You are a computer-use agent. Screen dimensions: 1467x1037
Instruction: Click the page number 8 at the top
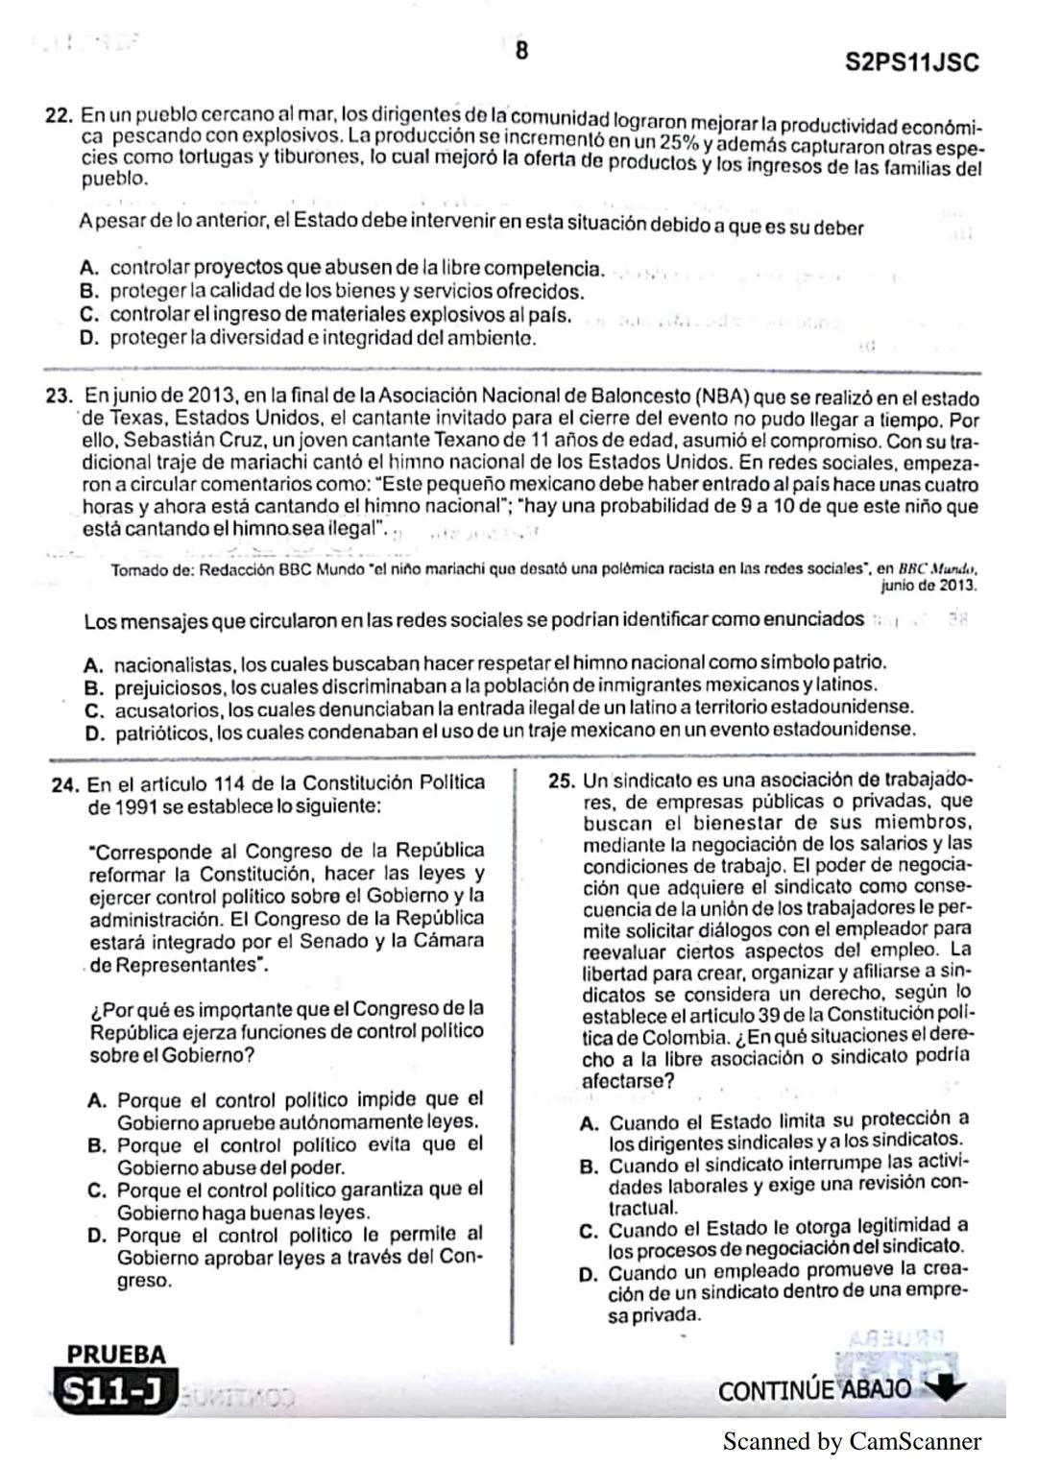pyautogui.click(x=521, y=51)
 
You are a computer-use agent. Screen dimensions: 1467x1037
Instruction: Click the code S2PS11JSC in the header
pyautogui.click(x=912, y=63)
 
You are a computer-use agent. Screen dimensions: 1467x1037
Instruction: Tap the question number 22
pyautogui.click(x=60, y=115)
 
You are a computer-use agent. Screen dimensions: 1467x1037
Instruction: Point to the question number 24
pyautogui.click(x=64, y=784)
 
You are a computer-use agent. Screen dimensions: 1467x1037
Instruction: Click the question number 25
pyautogui.click(x=562, y=780)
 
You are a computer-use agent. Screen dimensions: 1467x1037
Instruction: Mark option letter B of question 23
pyautogui.click(x=94, y=687)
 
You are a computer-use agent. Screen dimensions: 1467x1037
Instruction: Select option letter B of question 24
pyautogui.click(x=97, y=1145)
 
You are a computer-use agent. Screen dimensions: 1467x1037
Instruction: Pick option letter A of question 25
pyautogui.click(x=591, y=1122)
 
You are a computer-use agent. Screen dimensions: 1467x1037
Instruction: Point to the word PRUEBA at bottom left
pyautogui.click(x=115, y=1355)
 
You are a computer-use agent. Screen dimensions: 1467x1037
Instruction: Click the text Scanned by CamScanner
pyautogui.click(x=851, y=1441)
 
